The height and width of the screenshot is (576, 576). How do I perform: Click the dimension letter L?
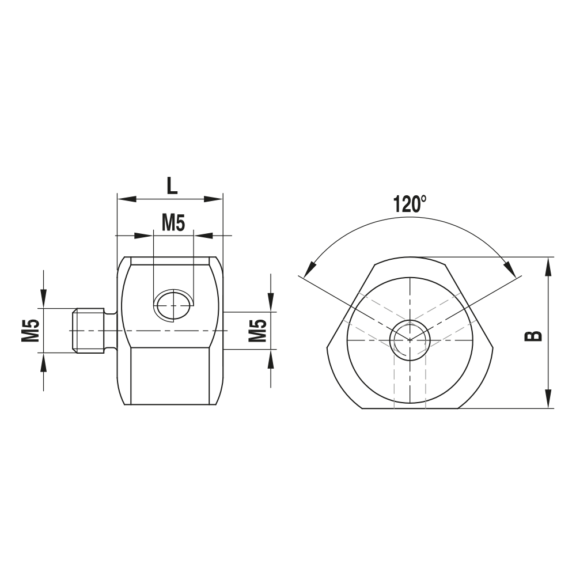pyautogui.click(x=172, y=185)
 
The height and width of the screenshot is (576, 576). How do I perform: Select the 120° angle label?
pyautogui.click(x=410, y=204)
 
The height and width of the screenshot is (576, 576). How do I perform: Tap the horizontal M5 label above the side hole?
pyautogui.click(x=173, y=222)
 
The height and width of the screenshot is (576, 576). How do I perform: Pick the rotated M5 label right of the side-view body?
pyautogui.click(x=257, y=331)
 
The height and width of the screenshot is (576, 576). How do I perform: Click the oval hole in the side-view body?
pyautogui.click(x=173, y=304)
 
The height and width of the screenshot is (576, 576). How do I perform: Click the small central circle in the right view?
pyautogui.click(x=409, y=340)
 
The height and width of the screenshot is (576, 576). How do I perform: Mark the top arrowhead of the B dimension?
pyautogui.click(x=548, y=266)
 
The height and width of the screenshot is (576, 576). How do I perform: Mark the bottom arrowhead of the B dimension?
pyautogui.click(x=548, y=400)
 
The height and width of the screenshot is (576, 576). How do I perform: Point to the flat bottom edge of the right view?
pyautogui.click(x=410, y=408)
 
